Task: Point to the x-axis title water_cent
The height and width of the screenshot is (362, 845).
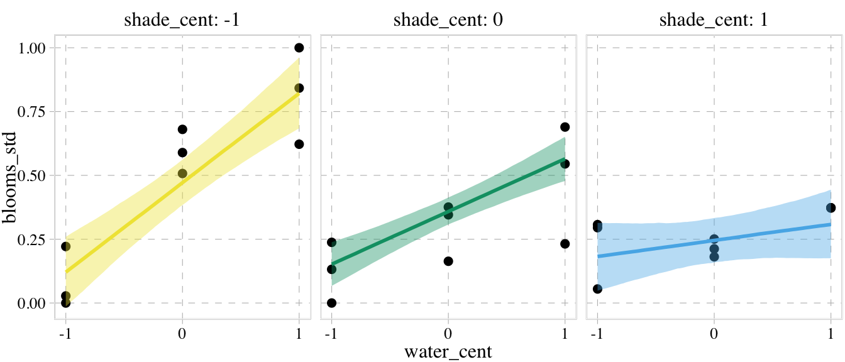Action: (448, 351)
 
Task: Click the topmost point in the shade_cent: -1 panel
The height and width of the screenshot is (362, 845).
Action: (299, 48)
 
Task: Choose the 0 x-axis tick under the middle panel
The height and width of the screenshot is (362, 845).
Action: (448, 332)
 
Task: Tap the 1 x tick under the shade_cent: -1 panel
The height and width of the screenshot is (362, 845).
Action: (299, 332)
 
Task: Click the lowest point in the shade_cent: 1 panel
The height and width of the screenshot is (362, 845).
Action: (597, 288)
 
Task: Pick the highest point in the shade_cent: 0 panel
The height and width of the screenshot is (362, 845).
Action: (565, 127)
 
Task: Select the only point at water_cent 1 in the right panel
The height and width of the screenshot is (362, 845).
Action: (831, 207)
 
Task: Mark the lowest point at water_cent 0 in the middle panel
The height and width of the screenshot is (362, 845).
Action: (448, 261)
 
